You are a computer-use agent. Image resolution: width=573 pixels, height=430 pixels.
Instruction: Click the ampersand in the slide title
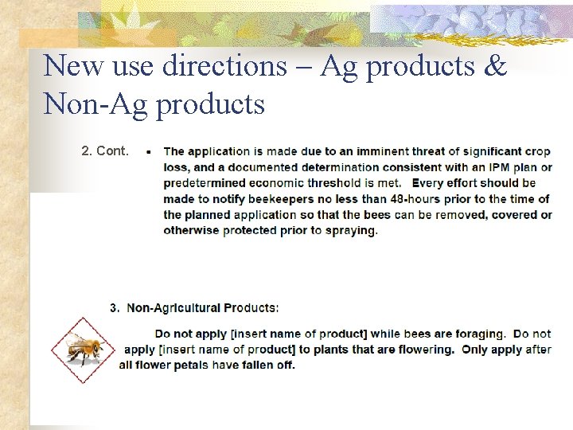pyautogui.click(x=494, y=66)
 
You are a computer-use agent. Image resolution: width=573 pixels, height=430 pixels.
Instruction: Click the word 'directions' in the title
pyautogui.click(x=224, y=66)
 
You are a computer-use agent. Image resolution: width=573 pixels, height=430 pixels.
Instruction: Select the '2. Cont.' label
pyautogui.click(x=104, y=150)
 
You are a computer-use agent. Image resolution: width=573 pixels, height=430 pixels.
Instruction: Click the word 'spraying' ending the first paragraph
pyautogui.click(x=350, y=231)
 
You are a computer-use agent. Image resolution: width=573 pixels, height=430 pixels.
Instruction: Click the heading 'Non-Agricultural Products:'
pyautogui.click(x=203, y=307)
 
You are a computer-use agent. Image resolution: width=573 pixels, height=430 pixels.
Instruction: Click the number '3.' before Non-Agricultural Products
pyautogui.click(x=115, y=307)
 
